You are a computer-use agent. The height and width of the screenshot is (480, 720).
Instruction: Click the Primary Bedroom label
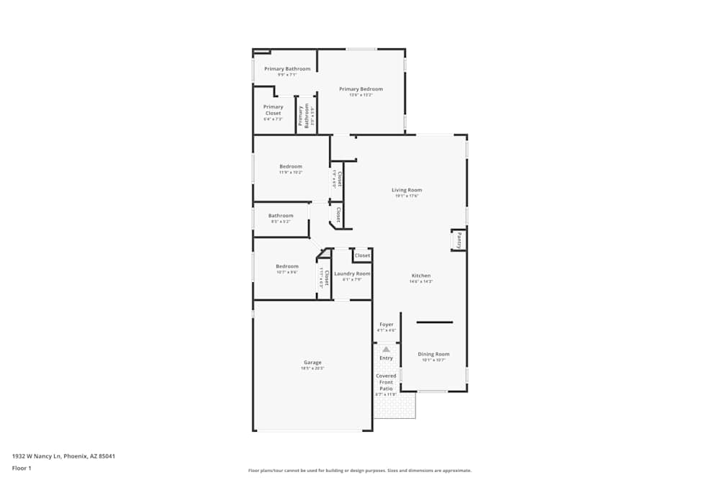click(x=361, y=89)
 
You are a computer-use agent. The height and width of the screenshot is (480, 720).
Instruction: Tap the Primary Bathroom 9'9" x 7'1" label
click(x=287, y=69)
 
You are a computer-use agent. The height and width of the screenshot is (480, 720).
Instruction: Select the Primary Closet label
click(x=273, y=110)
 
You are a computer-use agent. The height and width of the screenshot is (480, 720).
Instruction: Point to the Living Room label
click(x=407, y=190)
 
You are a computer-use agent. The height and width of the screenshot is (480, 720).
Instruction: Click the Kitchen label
click(x=421, y=276)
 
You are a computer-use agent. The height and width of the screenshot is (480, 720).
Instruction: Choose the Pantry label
click(x=459, y=240)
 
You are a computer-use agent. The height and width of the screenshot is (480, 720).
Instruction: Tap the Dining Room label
click(x=433, y=354)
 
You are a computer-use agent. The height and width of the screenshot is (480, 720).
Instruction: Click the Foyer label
click(x=387, y=325)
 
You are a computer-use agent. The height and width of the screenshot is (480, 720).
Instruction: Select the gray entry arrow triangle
click(x=386, y=349)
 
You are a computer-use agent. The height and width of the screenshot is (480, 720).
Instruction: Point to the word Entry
click(x=386, y=358)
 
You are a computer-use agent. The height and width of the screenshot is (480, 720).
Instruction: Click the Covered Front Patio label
click(x=386, y=382)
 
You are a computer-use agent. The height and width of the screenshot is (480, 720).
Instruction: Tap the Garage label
click(x=312, y=363)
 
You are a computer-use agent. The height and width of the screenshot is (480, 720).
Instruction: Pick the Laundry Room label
click(x=352, y=273)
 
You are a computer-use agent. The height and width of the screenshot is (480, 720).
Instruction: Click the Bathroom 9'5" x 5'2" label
click(x=281, y=216)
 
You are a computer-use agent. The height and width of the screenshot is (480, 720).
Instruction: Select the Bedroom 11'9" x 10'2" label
click(x=291, y=167)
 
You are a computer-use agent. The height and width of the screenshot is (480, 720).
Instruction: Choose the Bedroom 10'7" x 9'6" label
click(x=287, y=266)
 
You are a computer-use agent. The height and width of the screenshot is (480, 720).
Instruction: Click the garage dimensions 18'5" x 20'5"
click(x=312, y=368)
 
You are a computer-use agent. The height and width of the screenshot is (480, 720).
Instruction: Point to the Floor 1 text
click(x=22, y=468)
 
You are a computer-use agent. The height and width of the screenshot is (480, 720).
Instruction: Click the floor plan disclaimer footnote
click(x=361, y=471)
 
